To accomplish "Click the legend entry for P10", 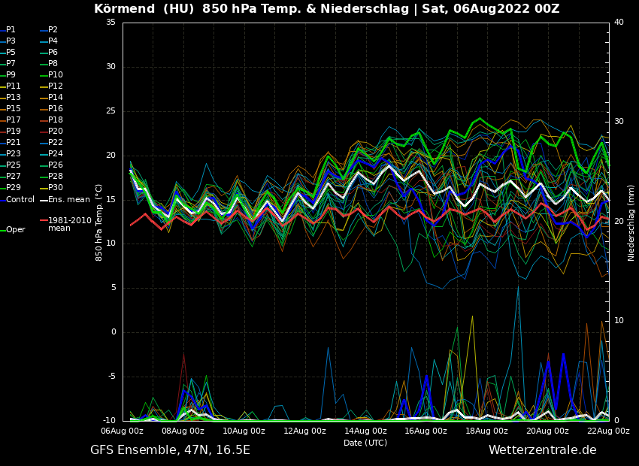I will point(55,75).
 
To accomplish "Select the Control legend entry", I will point(20,200).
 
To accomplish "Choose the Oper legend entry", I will point(15,230).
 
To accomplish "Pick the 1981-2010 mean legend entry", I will point(69,224).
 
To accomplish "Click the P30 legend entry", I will point(55,188).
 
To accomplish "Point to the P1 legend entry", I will point(11,30).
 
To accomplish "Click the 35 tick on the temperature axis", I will point(111,23).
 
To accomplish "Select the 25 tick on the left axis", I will point(111,111).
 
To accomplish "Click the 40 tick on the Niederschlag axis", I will point(619,23).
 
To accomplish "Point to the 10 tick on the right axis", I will point(619,321).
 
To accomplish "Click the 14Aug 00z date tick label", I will point(365,431).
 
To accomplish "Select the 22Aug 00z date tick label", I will point(608,431).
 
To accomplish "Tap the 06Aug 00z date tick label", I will point(123,431).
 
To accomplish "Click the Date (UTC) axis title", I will point(365,443).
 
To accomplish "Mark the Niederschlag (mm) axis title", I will point(631,222).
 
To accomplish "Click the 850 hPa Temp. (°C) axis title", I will point(99,222).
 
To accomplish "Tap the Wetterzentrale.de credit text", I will point(542,450).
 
